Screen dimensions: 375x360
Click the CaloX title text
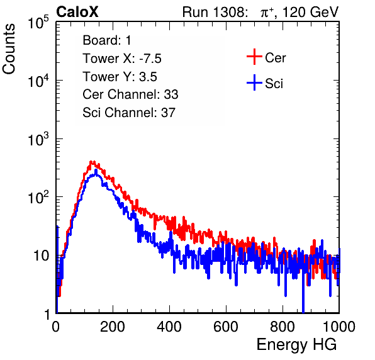(77, 12)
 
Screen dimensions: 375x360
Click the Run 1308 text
(215, 12)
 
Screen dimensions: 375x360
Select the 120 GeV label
(310, 12)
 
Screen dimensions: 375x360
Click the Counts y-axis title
(9, 49)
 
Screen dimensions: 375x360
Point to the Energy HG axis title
(296, 345)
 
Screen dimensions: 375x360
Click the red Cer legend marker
(254, 57)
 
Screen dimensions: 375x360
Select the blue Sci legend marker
(254, 82)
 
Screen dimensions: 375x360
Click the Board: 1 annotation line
(107, 40)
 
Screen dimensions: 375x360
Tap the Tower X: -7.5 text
(122, 59)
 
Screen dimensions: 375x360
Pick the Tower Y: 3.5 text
(120, 77)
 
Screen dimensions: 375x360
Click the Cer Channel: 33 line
(130, 94)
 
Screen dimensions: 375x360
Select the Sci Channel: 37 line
(129, 113)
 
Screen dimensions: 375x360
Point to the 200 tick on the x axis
(113, 327)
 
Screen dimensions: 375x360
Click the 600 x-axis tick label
(226, 327)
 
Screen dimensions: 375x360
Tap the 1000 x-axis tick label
(339, 327)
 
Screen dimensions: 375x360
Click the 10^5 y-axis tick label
(38, 23)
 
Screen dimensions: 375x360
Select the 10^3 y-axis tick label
(38, 139)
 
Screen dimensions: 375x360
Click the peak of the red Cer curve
(91, 162)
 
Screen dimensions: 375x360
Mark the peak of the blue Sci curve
(96, 170)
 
